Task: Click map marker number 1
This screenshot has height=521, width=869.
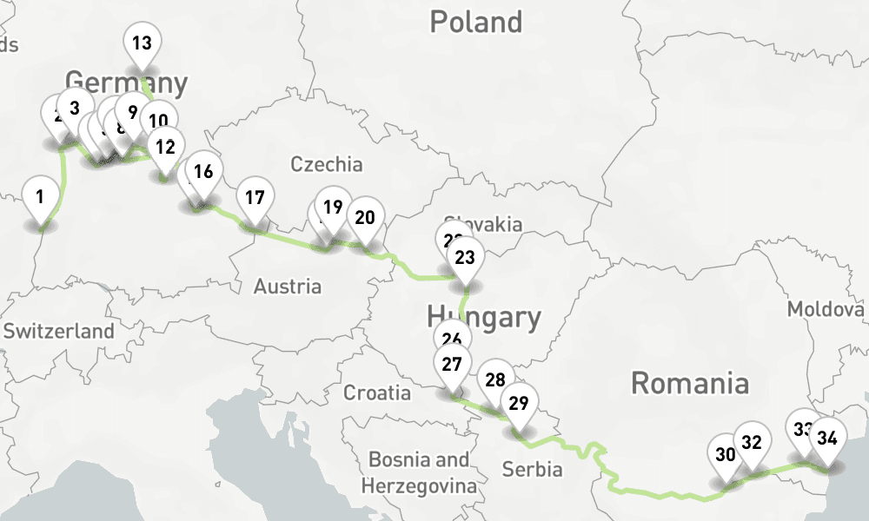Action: [40, 197]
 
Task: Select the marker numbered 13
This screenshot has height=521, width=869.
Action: [142, 43]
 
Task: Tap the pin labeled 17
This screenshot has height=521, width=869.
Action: [255, 197]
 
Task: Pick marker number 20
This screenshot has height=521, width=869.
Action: [365, 217]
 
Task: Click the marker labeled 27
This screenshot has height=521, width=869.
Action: [452, 364]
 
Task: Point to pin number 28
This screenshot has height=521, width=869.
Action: [495, 379]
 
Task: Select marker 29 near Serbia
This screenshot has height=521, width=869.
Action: [519, 403]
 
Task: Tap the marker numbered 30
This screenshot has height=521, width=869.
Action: [726, 454]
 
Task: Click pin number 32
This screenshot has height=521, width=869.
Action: [752, 442]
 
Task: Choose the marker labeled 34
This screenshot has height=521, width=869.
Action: [827, 439]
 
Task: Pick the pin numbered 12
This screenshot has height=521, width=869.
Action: [165, 146]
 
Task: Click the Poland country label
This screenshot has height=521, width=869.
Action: [476, 22]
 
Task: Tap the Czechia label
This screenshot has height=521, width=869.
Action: [327, 164]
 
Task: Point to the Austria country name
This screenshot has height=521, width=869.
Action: [288, 286]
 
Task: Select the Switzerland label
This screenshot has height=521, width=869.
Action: [59, 331]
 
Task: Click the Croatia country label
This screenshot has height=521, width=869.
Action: [377, 392]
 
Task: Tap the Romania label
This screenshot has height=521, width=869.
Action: [689, 382]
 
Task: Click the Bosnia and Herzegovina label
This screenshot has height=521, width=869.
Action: [420, 472]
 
